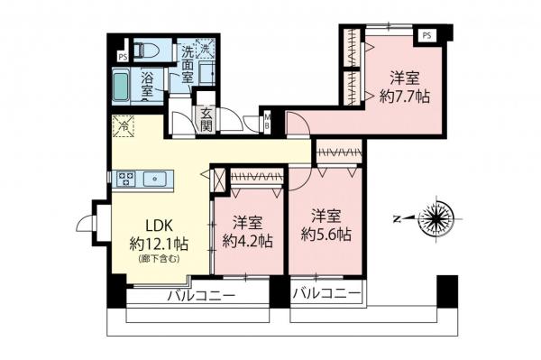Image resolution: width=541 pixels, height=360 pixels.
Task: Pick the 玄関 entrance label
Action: coord(206,120)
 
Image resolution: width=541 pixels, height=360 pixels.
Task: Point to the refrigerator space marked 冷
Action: coord(122,127)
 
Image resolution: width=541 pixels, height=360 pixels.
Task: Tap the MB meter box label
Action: coord(267,120)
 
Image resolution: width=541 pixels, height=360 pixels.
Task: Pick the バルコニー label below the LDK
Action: coord(199,297)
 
